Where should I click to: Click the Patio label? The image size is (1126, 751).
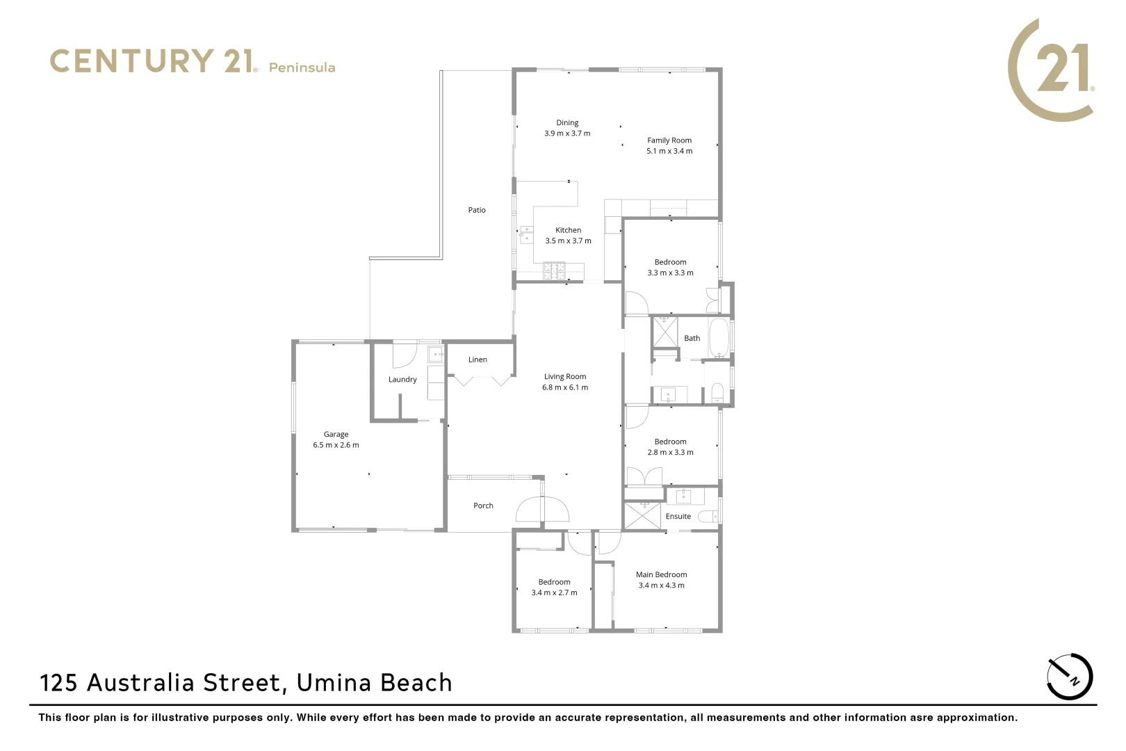(x=477, y=210)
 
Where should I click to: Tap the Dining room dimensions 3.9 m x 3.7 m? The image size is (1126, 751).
(x=567, y=134)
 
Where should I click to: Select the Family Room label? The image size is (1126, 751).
(x=669, y=140)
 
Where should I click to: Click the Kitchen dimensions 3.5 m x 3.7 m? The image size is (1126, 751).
(x=568, y=241)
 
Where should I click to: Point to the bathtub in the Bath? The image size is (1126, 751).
(x=718, y=338)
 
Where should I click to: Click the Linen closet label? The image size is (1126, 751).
(x=478, y=360)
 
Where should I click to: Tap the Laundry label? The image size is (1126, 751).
(x=402, y=380)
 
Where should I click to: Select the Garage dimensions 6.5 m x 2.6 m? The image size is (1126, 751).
(x=336, y=445)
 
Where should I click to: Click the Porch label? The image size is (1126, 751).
(x=483, y=506)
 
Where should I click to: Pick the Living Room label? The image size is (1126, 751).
(x=565, y=377)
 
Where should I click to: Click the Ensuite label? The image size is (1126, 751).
(x=678, y=517)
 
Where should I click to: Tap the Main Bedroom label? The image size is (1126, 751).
(x=661, y=575)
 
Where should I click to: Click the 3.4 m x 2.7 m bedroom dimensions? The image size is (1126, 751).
(x=554, y=593)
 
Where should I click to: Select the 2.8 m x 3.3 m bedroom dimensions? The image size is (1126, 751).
(x=670, y=453)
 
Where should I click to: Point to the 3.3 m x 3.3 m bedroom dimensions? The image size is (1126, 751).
(x=670, y=273)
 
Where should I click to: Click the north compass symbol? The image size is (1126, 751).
(x=1070, y=677)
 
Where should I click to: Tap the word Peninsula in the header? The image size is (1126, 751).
(x=302, y=67)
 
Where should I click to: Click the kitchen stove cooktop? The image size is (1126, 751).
(x=555, y=270)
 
